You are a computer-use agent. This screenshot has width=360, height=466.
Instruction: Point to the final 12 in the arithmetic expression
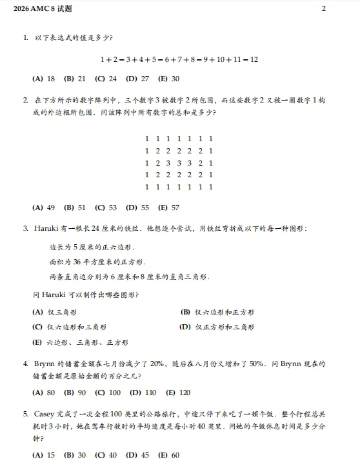tap(254, 59)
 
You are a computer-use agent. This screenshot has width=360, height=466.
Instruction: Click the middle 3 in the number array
tap(179, 162)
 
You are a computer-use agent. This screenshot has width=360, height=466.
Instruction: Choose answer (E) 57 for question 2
tap(168, 208)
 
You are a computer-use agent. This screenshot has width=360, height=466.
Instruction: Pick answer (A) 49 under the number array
tap(44, 208)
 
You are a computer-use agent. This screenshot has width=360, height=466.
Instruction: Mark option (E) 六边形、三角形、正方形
tap(80, 342)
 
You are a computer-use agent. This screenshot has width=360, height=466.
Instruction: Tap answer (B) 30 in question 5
tap(75, 454)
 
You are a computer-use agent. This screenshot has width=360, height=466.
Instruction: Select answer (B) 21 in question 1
tap(75, 79)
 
